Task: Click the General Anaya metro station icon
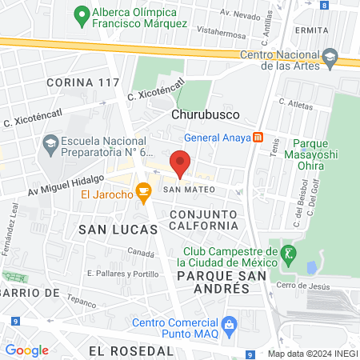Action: click(258, 137)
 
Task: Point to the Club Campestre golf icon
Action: click(289, 256)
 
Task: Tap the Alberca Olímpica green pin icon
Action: click(81, 14)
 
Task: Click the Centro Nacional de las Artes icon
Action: click(329, 59)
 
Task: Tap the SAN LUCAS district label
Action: click(110, 230)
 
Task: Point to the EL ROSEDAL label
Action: click(131, 350)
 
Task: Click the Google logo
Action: click(26, 350)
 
